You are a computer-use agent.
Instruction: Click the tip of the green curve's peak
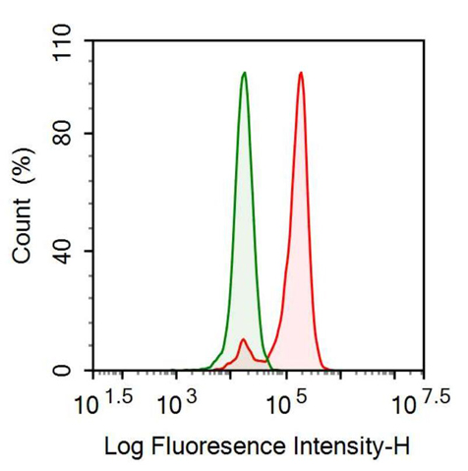[244, 73]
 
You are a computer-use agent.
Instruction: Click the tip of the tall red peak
[301, 73]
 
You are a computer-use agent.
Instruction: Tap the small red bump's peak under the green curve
[243, 339]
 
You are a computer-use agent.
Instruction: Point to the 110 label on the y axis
[62, 43]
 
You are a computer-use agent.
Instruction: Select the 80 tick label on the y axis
[62, 134]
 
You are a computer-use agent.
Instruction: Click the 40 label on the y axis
[62, 252]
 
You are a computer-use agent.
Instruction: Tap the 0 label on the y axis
[62, 371]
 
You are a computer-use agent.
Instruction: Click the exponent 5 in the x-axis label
[301, 397]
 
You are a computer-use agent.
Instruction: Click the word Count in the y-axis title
[22, 230]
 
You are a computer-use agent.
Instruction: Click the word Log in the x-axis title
[124, 447]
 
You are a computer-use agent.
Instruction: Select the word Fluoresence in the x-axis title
[218, 446]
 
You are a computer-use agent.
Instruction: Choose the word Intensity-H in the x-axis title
[352, 447]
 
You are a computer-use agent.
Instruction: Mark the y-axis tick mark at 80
[89, 134]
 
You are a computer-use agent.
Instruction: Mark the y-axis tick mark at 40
[89, 252]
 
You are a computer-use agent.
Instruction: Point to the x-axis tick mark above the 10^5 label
[286, 376]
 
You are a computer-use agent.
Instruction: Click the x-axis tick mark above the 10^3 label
[176, 376]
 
